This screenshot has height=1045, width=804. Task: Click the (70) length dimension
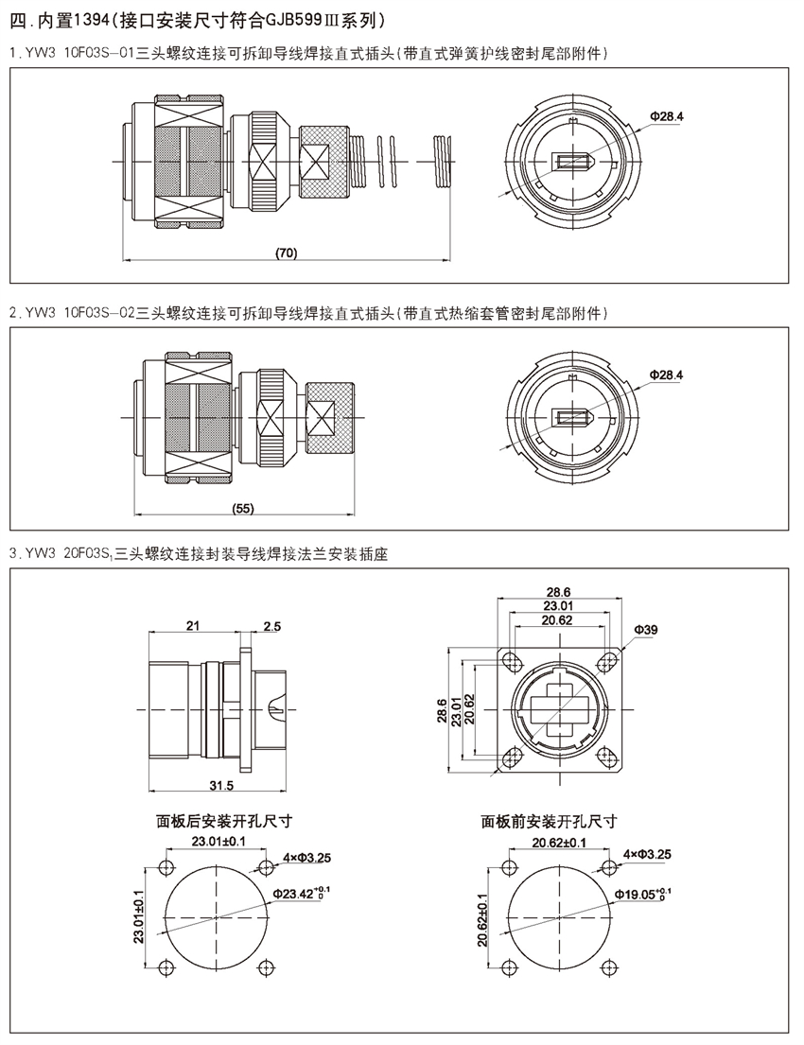coord(286,253)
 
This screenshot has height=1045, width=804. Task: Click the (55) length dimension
coord(243,509)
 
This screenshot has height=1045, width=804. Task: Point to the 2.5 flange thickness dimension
coord(272,625)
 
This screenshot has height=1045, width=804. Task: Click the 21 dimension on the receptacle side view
coord(193,625)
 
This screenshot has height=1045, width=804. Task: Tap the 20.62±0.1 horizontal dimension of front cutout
coord(559,840)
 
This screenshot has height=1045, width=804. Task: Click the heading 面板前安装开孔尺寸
coord(550,820)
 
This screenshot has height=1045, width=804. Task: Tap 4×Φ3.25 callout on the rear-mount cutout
coord(306,855)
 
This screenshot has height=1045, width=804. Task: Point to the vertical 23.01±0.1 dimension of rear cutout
coord(138,917)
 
